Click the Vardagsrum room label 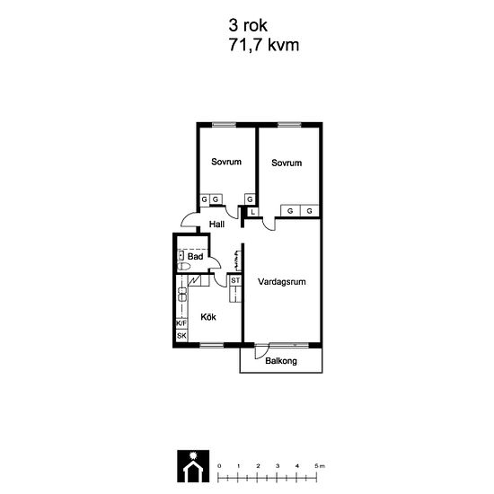282,282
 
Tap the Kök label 208,317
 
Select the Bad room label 195,257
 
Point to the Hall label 216,225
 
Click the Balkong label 281,361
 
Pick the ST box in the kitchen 235,280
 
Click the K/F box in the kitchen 181,323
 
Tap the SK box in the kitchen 181,336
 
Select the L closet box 252,212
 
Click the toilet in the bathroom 183,267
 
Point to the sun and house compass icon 193,466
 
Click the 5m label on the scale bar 320,466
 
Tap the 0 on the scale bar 219,466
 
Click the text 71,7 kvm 264,45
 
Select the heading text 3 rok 248,25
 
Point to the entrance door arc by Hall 188,217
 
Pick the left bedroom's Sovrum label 226,162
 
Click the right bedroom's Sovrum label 287,163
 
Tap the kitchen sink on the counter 182,294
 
